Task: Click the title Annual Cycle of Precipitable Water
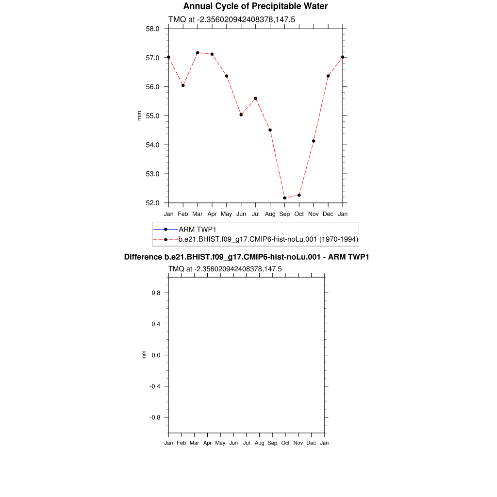point(255,6)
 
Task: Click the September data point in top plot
point(284,198)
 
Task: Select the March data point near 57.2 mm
point(198,52)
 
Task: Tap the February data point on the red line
point(183,85)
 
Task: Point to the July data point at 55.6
point(255,99)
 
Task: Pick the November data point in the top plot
point(314,141)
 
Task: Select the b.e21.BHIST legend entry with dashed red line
point(268,239)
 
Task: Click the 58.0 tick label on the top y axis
point(153,29)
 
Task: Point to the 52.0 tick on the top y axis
point(153,203)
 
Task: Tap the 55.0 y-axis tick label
point(153,116)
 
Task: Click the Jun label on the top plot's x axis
point(241,214)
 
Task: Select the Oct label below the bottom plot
point(285,443)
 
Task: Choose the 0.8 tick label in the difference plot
point(155,293)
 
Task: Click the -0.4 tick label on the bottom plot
point(154,386)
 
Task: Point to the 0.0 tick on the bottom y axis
point(155,355)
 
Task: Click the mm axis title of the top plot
point(140,116)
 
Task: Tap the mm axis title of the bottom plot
point(144,355)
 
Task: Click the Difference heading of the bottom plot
point(247,257)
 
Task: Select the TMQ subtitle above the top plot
point(232,20)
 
